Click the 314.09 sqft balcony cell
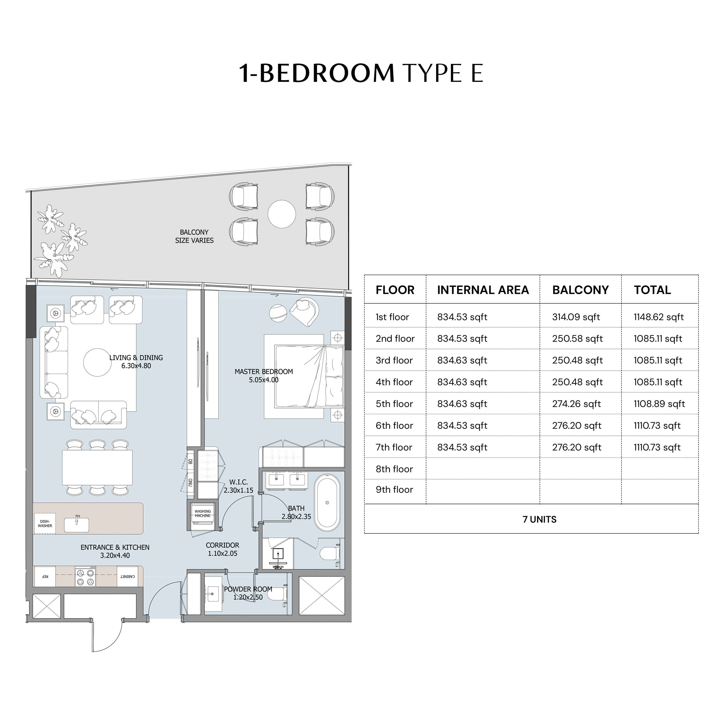[576, 317]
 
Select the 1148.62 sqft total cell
[658, 317]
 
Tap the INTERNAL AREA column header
[483, 290]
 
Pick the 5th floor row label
[394, 404]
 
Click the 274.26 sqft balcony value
[576, 404]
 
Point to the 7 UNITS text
[539, 519]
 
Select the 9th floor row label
[394, 490]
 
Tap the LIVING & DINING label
[136, 358]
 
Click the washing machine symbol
[203, 515]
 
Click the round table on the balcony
[282, 214]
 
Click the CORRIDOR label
[222, 545]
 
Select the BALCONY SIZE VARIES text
[194, 236]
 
